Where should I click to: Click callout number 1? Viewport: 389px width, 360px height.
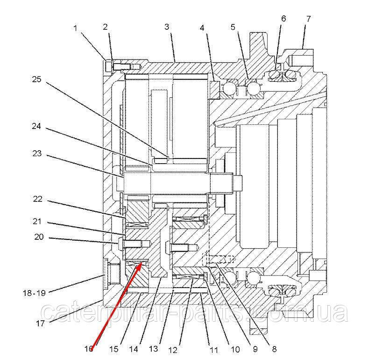[x=76, y=29]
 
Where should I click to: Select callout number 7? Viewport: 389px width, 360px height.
[x=308, y=19]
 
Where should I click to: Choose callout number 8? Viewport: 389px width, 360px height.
[x=274, y=348]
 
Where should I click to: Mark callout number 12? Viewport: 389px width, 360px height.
[x=173, y=349]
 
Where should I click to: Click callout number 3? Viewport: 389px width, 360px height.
[x=167, y=27]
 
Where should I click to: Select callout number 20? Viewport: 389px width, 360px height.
[x=39, y=238]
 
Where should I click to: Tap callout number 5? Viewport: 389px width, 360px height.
[x=233, y=27]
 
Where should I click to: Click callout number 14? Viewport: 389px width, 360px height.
[x=134, y=349]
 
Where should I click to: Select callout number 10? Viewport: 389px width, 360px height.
[x=235, y=349]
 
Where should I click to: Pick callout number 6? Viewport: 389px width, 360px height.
[x=283, y=19]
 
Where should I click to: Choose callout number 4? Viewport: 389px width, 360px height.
[x=202, y=28]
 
